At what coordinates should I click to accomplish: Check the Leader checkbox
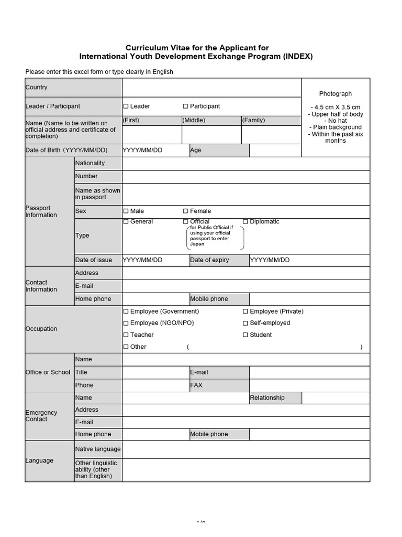coord(126,106)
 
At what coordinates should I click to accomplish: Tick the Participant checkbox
coord(185,106)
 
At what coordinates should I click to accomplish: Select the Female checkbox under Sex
coord(185,211)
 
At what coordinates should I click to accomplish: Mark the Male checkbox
coord(126,211)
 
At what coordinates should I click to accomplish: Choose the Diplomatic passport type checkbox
coord(245,222)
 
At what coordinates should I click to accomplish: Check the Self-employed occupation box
coord(245,323)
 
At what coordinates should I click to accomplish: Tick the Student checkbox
coord(245,335)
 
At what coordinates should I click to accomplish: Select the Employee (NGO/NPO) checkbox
coord(126,323)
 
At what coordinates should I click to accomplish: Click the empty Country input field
coord(211,88)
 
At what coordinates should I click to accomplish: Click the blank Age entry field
coord(275,151)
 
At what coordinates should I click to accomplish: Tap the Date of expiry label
coord(209,260)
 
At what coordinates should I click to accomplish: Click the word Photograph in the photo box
coord(336,94)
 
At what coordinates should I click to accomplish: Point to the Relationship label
coord(267,398)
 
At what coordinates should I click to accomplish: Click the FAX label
coord(196,385)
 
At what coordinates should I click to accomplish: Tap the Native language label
coord(98,449)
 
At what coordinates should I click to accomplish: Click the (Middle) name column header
coord(194,121)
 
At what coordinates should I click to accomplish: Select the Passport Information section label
coord(41,212)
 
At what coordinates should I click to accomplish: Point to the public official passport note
coord(216,236)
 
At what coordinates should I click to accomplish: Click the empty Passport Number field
coord(246,177)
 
